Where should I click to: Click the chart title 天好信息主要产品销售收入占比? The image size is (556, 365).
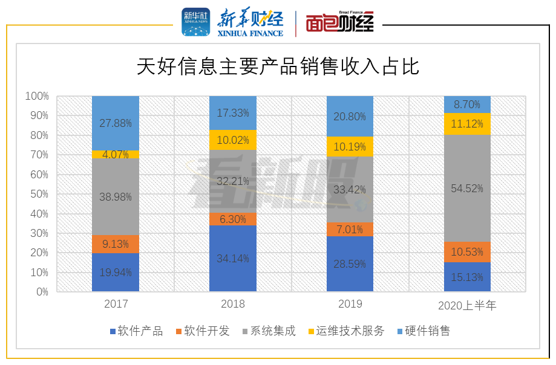(x=278, y=66)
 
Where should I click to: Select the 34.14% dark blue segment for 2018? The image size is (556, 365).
(x=233, y=259)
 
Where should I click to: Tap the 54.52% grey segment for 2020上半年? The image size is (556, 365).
(x=467, y=188)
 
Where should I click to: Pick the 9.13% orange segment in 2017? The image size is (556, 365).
(x=116, y=244)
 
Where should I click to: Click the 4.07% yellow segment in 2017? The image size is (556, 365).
(x=116, y=155)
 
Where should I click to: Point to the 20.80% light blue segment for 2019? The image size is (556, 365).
(x=350, y=116)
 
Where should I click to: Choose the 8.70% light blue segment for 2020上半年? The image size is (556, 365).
(x=467, y=105)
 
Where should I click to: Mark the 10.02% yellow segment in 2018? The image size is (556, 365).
(x=233, y=140)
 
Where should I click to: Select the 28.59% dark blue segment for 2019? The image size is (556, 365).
(x=350, y=264)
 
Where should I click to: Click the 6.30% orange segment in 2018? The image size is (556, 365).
(x=233, y=219)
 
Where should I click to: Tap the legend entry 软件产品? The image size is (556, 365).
(x=136, y=331)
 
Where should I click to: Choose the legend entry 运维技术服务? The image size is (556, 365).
(x=346, y=331)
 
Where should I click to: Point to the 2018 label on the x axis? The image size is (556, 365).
(x=233, y=304)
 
